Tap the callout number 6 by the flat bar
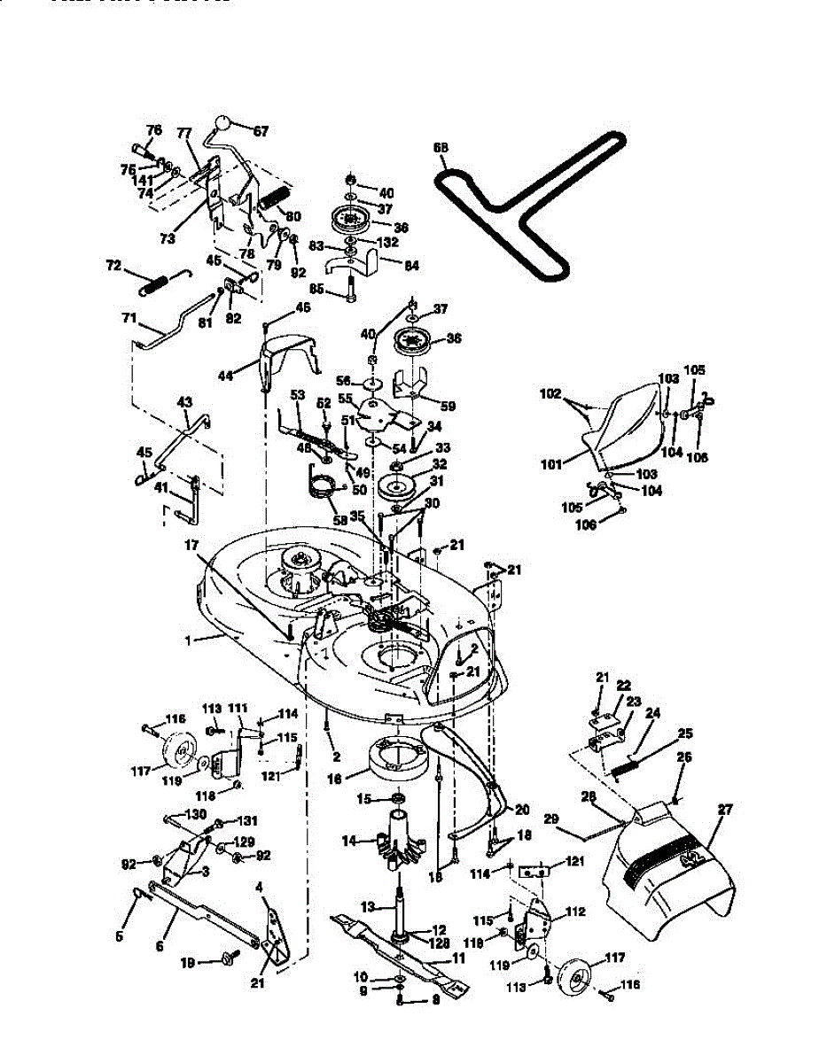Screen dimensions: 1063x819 [160, 946]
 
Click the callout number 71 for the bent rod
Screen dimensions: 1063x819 [130, 315]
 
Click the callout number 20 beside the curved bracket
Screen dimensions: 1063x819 [521, 809]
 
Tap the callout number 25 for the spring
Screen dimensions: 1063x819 [686, 733]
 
